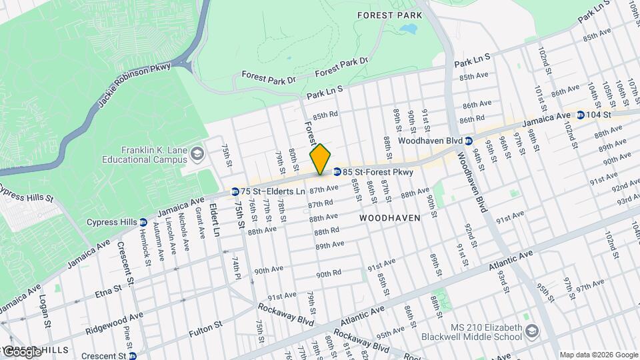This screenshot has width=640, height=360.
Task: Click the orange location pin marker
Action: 320,160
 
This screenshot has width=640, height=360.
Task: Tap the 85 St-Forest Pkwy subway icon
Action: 337,172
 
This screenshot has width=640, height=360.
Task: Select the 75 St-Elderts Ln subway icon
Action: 235,192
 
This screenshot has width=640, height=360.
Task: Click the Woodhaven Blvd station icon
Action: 469,141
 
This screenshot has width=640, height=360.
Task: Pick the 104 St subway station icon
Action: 581,115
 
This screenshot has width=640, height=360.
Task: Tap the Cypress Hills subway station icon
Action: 143,222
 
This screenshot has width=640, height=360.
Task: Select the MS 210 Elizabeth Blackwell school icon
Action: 532,331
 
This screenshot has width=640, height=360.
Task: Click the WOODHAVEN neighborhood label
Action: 390,218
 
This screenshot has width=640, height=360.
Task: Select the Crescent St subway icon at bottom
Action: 133,356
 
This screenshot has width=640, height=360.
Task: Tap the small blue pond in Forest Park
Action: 408,29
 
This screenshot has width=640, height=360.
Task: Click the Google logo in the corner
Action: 21,351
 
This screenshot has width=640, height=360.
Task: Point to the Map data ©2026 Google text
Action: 598,355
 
